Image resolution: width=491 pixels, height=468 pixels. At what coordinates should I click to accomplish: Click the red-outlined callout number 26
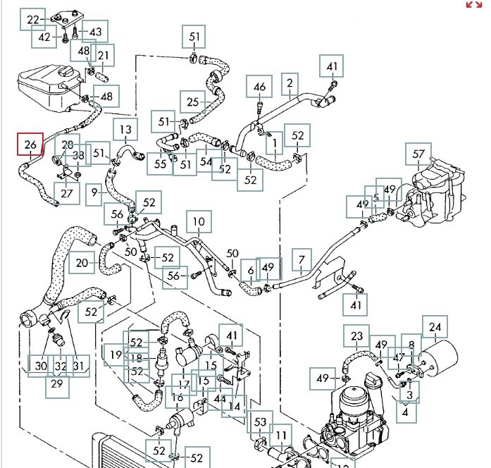click(30, 146)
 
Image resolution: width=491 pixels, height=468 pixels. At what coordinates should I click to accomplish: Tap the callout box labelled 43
click(95, 32)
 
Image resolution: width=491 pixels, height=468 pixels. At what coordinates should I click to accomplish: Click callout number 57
click(420, 154)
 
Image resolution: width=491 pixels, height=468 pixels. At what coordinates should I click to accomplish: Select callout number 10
click(199, 223)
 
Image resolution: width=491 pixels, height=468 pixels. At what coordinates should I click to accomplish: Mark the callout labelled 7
click(302, 261)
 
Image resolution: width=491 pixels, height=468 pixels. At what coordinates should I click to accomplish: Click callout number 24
click(435, 326)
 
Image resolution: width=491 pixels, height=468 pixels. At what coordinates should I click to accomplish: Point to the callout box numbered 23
click(357, 337)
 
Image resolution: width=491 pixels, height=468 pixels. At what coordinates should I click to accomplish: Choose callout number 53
click(261, 422)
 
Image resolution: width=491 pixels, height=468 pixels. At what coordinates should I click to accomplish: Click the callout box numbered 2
click(290, 85)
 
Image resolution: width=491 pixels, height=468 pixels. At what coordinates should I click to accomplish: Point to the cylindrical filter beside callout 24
click(432, 359)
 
